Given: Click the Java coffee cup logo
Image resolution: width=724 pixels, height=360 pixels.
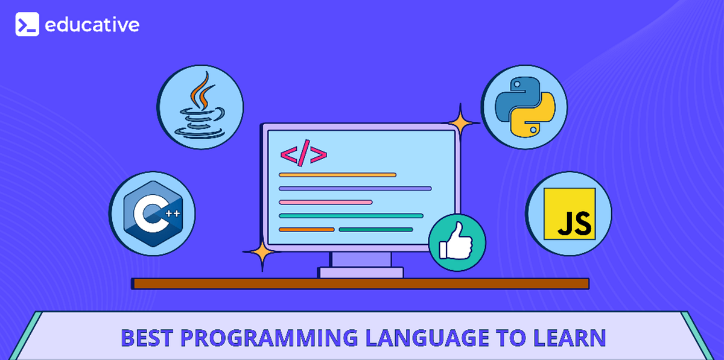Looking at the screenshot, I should point(200,107).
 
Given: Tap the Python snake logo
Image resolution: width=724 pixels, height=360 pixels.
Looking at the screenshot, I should point(524,107).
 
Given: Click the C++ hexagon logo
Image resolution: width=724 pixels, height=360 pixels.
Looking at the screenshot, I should point(152,213).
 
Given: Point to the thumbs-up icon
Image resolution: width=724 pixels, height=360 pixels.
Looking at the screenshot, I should point(457,242).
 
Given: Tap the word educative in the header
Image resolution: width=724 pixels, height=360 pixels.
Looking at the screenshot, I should point(92,25).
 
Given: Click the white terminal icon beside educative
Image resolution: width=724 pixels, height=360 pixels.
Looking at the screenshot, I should point(27,25).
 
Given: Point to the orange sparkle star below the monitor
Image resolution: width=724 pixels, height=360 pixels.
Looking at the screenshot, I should point(261,256).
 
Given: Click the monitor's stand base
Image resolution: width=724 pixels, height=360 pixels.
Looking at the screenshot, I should point(361,272).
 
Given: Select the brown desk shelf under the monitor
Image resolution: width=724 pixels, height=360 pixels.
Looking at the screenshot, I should point(361,283).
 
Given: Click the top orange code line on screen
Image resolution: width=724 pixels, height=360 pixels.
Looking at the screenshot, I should point(337,175).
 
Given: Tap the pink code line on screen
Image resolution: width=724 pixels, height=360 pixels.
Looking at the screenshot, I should point(325,202).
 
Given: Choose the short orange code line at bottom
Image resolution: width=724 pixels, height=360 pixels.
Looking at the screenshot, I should point(306,229).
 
